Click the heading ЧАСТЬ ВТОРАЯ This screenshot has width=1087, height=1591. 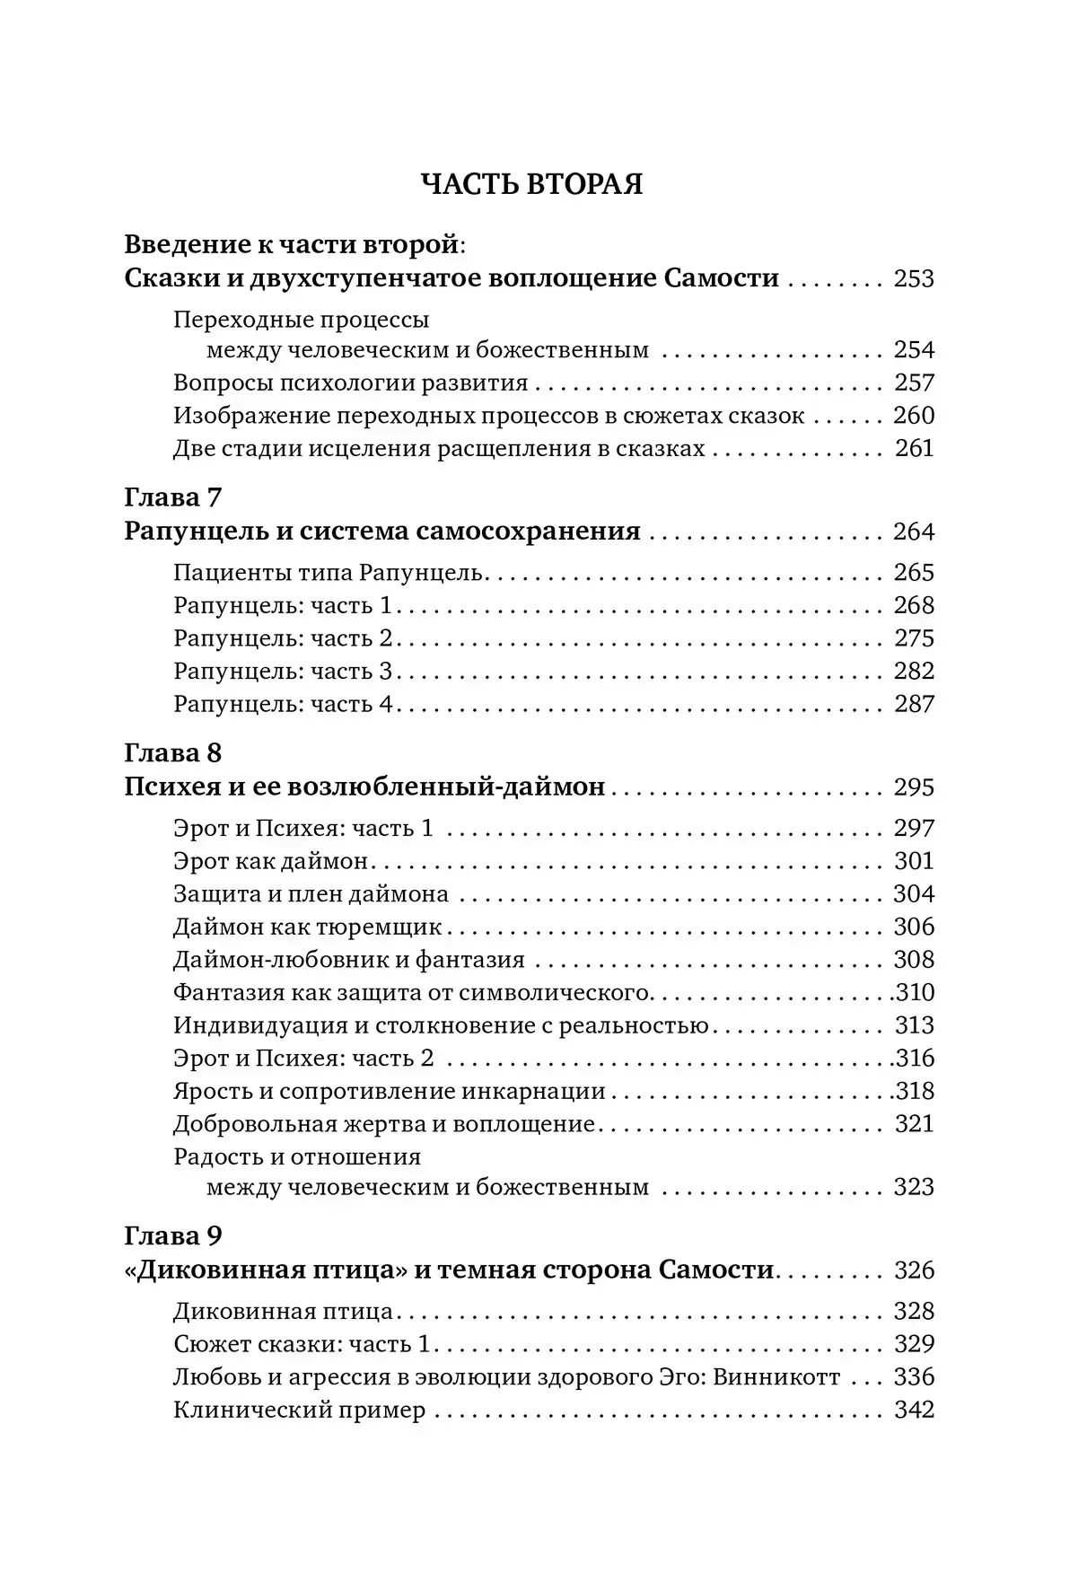(x=532, y=184)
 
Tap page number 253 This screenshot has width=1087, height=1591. (x=914, y=278)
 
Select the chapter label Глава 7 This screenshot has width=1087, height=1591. (x=172, y=497)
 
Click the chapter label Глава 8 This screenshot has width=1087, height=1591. (x=172, y=752)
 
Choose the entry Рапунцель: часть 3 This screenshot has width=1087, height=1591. (x=283, y=672)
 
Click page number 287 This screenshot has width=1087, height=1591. (x=914, y=704)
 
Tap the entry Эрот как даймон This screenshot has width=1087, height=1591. (x=271, y=861)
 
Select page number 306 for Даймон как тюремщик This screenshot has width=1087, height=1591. (x=914, y=927)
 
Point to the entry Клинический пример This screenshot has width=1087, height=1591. (x=299, y=1411)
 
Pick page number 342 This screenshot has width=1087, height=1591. (x=914, y=1411)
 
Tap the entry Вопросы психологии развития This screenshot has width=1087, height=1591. (x=350, y=383)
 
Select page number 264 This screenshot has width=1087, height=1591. (x=914, y=532)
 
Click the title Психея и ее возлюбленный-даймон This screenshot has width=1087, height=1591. (x=364, y=787)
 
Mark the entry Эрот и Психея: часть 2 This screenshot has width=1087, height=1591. (x=303, y=1059)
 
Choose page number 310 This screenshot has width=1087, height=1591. (x=916, y=993)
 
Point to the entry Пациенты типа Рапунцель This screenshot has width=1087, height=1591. (x=329, y=573)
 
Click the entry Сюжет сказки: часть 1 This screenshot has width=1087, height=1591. (x=302, y=1345)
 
